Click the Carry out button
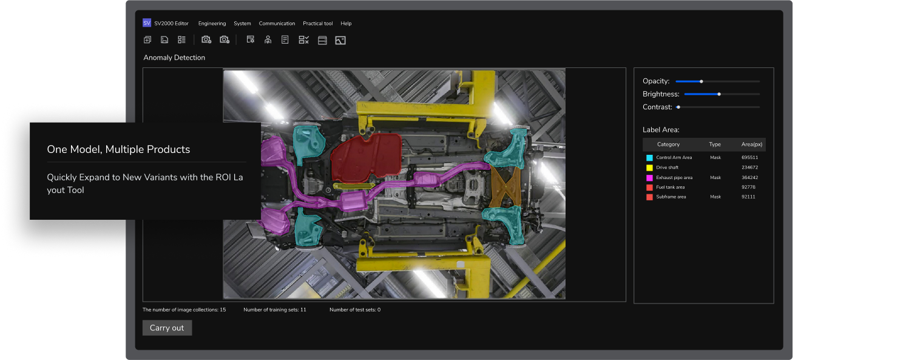[167, 328]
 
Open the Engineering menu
[212, 24]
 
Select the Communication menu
[277, 24]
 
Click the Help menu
[346, 24]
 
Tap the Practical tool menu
[318, 24]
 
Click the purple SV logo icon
[147, 22]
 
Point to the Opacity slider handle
[701, 81]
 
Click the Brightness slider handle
[719, 94]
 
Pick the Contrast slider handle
[678, 107]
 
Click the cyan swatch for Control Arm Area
[649, 158]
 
